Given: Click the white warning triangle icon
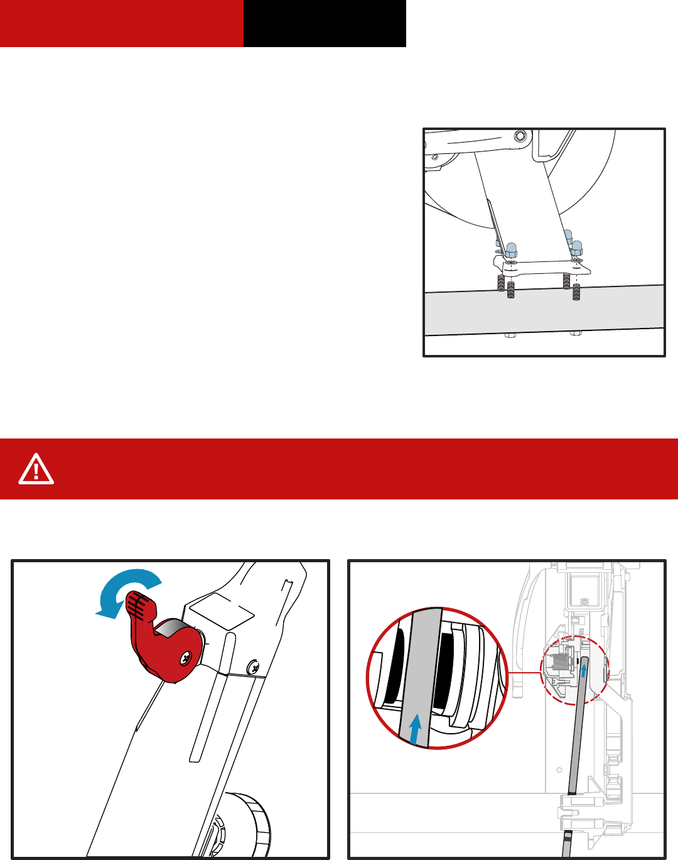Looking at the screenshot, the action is click(x=36, y=469).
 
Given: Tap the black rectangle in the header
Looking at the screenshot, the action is click(x=325, y=23).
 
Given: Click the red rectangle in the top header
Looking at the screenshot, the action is click(x=121, y=23).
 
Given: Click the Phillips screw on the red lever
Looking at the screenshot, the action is click(x=187, y=658).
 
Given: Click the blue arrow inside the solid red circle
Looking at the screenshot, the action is click(x=414, y=729).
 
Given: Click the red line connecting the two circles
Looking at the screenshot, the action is click(x=524, y=673).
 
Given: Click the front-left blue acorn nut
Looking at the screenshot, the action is click(x=511, y=249).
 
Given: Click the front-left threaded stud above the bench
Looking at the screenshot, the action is click(x=511, y=290).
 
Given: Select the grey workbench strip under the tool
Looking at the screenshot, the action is click(x=544, y=312).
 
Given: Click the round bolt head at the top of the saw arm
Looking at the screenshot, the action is click(x=519, y=136).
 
